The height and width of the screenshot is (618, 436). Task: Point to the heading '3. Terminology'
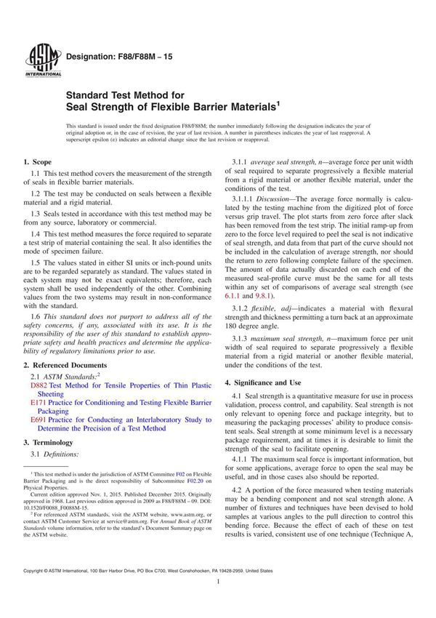[x=49, y=442]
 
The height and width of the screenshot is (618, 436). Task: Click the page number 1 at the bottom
[x=218, y=603]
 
